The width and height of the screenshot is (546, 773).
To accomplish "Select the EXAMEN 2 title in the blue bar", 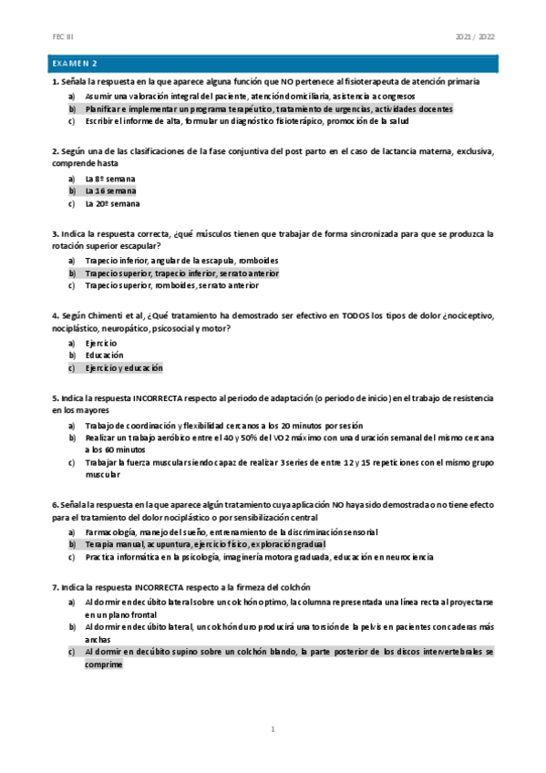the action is tap(77, 64).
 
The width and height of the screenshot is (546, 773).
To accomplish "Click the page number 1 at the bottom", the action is tap(273, 729).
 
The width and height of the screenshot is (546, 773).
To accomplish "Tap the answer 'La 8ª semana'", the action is tap(111, 179).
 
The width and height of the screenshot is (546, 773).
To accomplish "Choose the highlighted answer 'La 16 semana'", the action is tap(110, 191).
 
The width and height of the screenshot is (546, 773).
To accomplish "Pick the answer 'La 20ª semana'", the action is tap(112, 204).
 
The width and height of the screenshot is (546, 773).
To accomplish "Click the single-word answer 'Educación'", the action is tap(105, 356).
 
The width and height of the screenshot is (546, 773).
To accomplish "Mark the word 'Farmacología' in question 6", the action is tap(112, 531).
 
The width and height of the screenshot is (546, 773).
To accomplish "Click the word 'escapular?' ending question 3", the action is tap(138, 246).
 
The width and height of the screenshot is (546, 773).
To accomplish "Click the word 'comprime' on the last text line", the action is tap(104, 665).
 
